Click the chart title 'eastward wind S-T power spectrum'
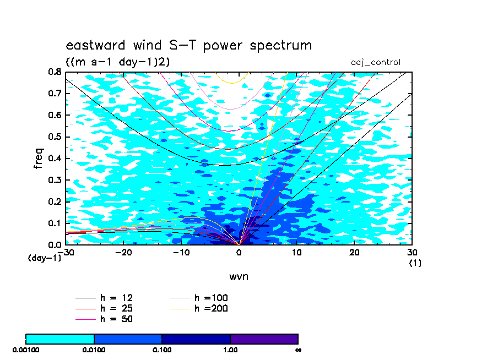tap(188, 45)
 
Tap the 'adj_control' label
tap(376, 62)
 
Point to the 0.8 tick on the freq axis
tap(55, 72)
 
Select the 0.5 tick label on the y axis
tap(55, 137)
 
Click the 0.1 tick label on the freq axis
tap(55, 223)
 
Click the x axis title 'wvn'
tap(239, 277)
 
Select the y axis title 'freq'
tap(38, 158)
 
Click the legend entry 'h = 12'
tap(104, 298)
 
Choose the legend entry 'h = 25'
tap(104, 308)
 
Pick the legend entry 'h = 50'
tap(104, 319)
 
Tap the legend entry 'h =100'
tap(199, 298)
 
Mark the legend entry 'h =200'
tap(199, 308)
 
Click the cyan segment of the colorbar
tap(60, 339)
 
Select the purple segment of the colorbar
tap(264, 339)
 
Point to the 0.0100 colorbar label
tap(94, 350)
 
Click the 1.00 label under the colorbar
tap(230, 350)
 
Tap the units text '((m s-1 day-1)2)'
tap(118, 62)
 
